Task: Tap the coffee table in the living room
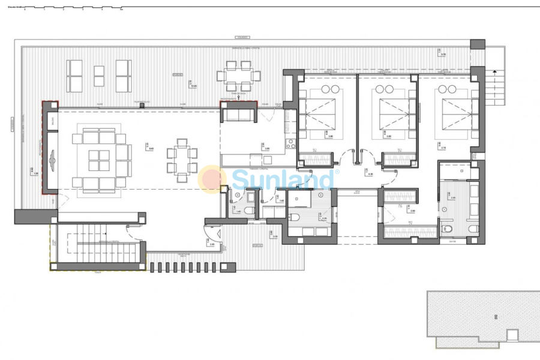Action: click(x=100, y=160)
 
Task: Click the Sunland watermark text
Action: click(x=283, y=179)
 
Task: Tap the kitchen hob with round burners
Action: click(x=291, y=143)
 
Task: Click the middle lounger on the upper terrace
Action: click(x=99, y=76)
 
